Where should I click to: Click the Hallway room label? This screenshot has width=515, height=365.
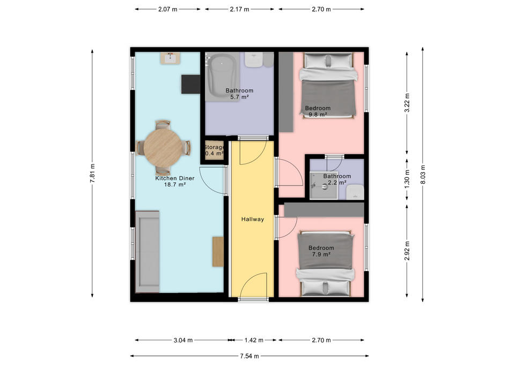click(x=253, y=219)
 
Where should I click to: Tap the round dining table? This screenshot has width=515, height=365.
click(x=163, y=148)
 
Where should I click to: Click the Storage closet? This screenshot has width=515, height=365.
click(x=214, y=151)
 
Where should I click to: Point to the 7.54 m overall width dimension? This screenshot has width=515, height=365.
click(x=249, y=356)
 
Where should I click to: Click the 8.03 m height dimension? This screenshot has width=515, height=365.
click(x=423, y=174)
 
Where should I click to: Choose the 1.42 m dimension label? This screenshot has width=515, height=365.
click(x=254, y=340)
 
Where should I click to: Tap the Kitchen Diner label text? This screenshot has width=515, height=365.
click(x=175, y=178)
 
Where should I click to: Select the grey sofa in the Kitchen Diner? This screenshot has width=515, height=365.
click(x=147, y=252)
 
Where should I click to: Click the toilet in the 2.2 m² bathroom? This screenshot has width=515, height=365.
click(x=355, y=192)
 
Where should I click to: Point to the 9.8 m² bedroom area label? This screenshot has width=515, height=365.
click(x=318, y=115)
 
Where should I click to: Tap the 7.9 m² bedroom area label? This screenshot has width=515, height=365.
click(x=321, y=254)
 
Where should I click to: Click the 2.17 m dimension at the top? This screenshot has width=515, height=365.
click(x=239, y=9)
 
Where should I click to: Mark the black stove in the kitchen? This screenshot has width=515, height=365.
click(x=190, y=84)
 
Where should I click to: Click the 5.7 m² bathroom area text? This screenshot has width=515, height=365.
click(x=239, y=97)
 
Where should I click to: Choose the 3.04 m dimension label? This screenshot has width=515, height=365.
click(x=183, y=340)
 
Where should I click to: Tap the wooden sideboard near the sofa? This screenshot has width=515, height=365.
click(x=218, y=252)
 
